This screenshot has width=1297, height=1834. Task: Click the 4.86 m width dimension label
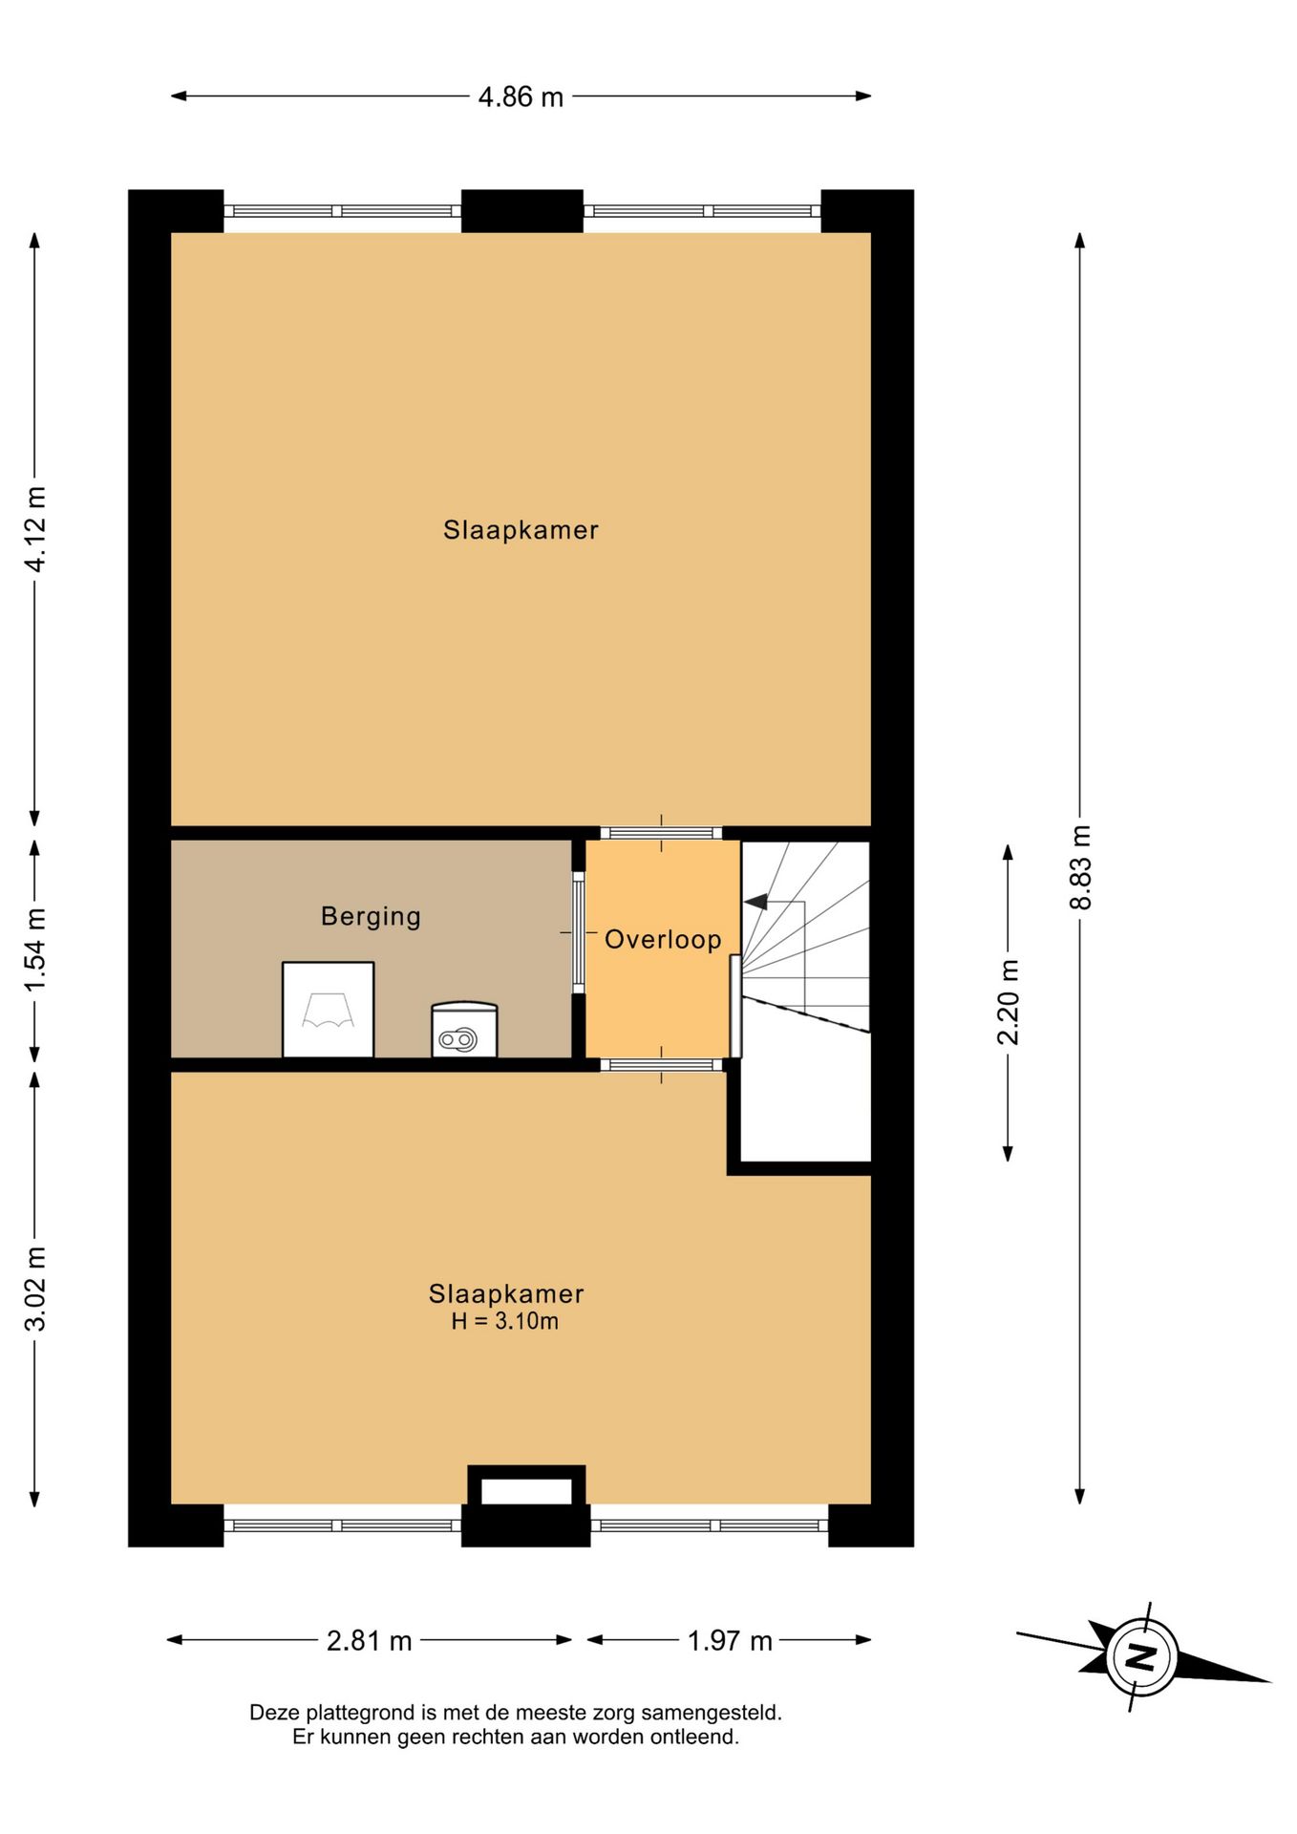coord(521,96)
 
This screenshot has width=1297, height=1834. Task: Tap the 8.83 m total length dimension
coord(1080,866)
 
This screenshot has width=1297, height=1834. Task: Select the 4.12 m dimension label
coord(35,528)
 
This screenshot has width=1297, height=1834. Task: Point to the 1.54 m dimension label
coord(35,950)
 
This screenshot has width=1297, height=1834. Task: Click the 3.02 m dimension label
coord(35,1289)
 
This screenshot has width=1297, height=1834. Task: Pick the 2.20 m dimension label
coord(1009,1002)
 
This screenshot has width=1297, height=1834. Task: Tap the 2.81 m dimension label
coord(370,1641)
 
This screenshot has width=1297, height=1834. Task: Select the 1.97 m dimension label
coord(730,1641)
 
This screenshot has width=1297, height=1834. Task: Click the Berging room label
coord(371,917)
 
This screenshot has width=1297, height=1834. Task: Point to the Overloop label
coord(663,939)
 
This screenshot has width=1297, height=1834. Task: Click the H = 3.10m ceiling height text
coord(505,1321)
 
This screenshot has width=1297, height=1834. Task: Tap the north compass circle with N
coord(1141,1656)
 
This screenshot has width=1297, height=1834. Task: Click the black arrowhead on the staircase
coord(755,901)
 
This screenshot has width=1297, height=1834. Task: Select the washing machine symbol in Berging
coord(464,1029)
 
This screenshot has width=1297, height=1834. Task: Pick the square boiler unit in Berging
coord(328,1010)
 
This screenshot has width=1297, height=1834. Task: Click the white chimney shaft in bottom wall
coord(526,1491)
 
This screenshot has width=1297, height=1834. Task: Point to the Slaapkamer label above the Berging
coord(521,530)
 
